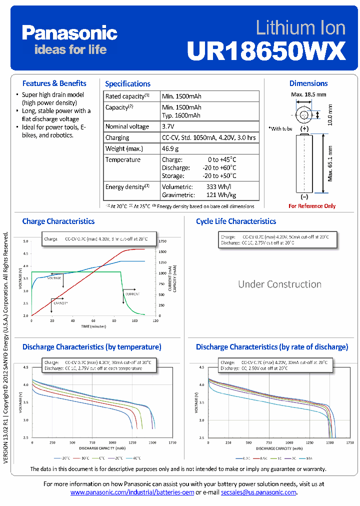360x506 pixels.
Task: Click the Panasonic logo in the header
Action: coord(69,33)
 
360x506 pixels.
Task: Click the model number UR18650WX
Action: coord(266,50)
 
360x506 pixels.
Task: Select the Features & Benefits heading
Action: coord(54,83)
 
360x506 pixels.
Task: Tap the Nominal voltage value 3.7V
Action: coord(168,126)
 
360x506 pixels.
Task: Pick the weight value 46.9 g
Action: coord(170,148)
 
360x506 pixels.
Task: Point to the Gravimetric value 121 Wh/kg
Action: coord(221,195)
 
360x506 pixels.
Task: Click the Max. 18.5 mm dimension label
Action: coord(308,94)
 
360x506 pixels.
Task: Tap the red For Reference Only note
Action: coord(312,206)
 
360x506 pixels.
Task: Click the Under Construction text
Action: coord(279,284)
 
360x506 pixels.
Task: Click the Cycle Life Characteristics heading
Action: coord(235,221)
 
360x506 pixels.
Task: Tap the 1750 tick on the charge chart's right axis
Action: coord(162,241)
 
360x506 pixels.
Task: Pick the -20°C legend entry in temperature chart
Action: coord(65,458)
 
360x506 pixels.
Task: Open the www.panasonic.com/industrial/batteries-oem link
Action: coord(132,492)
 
